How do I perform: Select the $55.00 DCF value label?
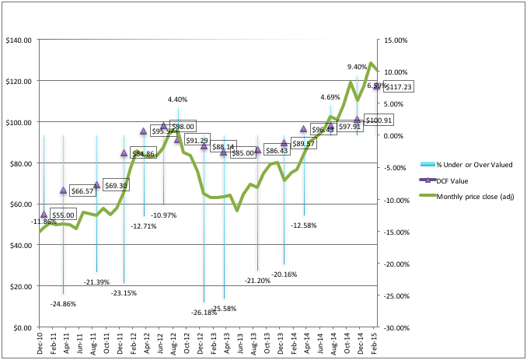click(x=63, y=215)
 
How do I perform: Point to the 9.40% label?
click(x=358, y=67)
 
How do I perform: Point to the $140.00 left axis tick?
click(x=17, y=40)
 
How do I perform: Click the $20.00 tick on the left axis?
click(x=19, y=286)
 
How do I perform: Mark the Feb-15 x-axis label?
click(x=377, y=343)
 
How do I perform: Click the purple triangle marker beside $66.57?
click(x=64, y=190)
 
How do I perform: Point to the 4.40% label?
click(x=177, y=100)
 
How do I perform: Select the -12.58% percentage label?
click(x=305, y=225)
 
